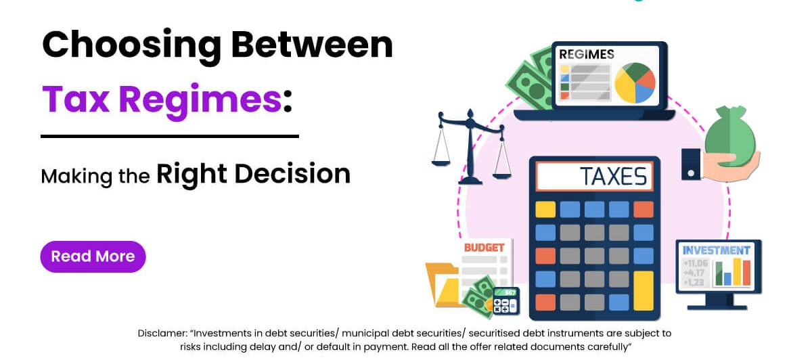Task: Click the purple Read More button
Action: (x=93, y=256)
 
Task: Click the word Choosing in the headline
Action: (x=131, y=46)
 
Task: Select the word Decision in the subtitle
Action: (x=292, y=174)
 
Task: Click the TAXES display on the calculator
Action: (x=595, y=176)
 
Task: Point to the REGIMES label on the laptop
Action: (x=587, y=54)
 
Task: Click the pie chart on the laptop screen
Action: (x=635, y=83)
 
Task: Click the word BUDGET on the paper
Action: (x=484, y=248)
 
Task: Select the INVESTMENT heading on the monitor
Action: (x=717, y=250)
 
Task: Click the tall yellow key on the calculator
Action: (x=644, y=291)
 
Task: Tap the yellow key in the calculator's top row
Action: (x=545, y=209)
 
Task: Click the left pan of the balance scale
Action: (x=441, y=163)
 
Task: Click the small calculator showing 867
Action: (x=506, y=301)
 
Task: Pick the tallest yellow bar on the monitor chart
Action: (x=737, y=271)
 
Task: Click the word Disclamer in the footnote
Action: (x=162, y=333)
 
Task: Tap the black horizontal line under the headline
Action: (x=170, y=136)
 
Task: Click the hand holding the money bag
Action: (x=729, y=166)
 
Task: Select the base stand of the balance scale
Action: (x=470, y=180)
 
